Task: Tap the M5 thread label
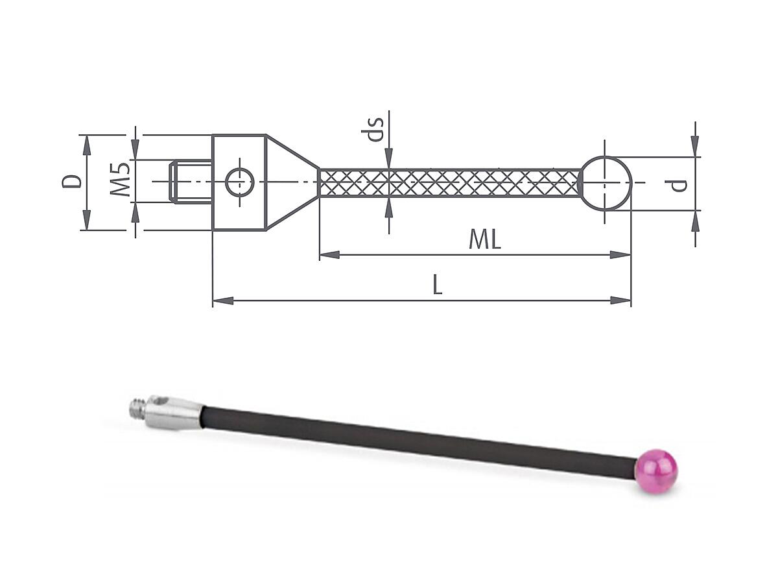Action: click(121, 180)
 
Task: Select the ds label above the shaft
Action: click(372, 129)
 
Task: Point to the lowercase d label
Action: click(677, 186)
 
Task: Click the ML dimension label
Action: click(485, 239)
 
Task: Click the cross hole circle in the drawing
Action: click(240, 182)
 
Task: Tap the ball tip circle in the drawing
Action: click(606, 184)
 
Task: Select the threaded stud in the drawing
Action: click(191, 182)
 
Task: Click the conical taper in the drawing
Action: click(292, 182)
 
